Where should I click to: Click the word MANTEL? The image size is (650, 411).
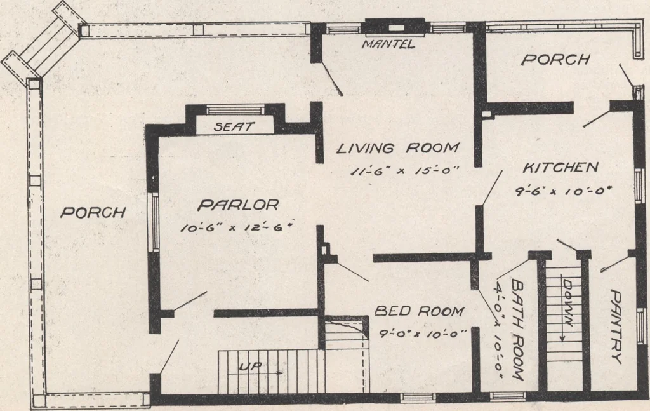[x=388, y=44]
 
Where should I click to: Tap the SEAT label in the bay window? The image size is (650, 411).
[x=234, y=126]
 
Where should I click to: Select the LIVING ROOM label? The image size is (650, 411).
[x=398, y=148]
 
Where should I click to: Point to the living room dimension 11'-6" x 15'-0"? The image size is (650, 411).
[x=400, y=170]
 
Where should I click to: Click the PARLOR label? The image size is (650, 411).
[x=239, y=205]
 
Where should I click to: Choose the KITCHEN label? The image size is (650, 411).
[x=560, y=168]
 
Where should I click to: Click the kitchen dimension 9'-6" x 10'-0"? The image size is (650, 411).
[x=564, y=191]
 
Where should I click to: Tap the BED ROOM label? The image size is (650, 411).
[x=419, y=311]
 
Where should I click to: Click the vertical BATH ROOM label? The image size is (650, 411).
[x=517, y=330]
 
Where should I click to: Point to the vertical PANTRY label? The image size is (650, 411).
[x=616, y=327]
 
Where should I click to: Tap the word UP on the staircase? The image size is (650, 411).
[x=250, y=367]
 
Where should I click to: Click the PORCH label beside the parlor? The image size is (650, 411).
[x=93, y=212]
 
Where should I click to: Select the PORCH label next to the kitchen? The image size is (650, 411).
[x=555, y=60]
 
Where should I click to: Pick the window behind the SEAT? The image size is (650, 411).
[x=235, y=110]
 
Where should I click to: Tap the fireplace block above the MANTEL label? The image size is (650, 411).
[x=395, y=27]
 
